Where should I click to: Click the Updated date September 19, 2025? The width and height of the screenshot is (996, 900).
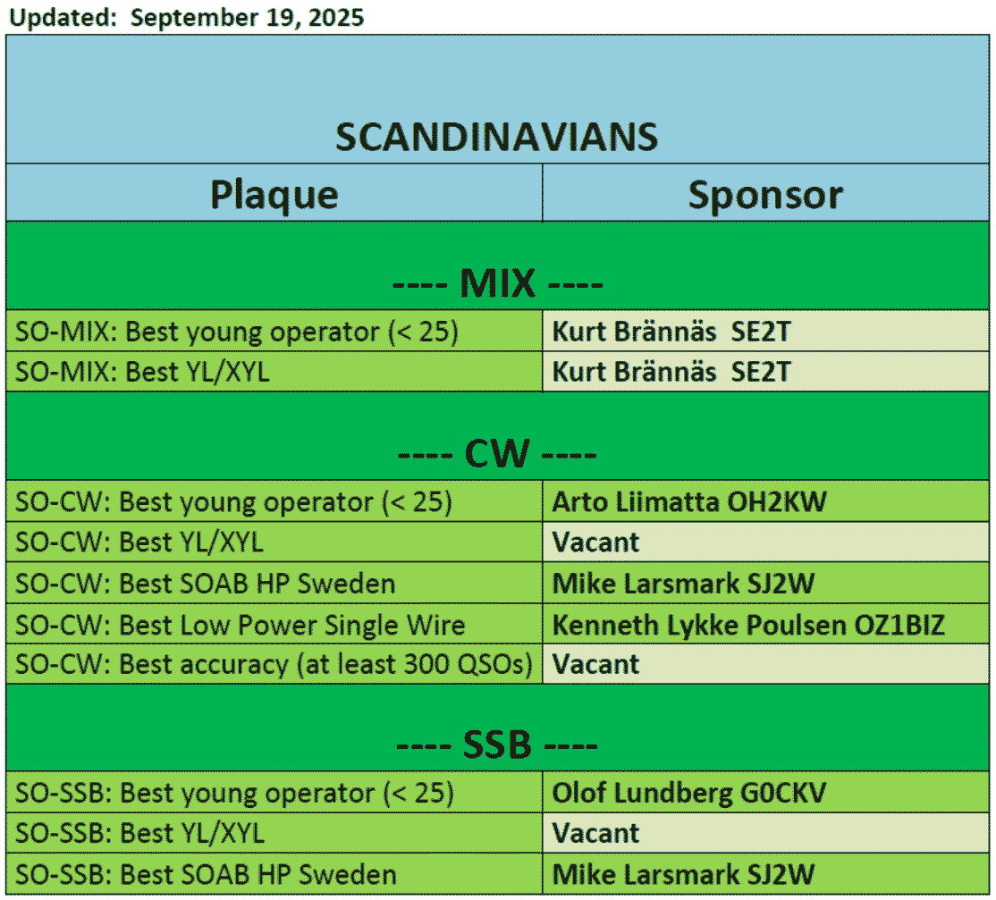247,17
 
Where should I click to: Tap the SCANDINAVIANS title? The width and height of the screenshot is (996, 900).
497,137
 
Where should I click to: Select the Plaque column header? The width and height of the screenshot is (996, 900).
274,194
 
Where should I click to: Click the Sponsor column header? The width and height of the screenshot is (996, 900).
765,194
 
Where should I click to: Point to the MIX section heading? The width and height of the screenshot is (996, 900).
497,282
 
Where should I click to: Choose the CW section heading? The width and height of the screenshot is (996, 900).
497,453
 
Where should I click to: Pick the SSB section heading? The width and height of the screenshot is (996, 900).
497,744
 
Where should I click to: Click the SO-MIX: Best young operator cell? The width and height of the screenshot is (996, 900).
274,331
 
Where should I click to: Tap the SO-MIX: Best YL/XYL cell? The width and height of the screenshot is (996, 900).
274,372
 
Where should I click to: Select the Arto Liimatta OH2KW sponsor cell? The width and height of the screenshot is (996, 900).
765,501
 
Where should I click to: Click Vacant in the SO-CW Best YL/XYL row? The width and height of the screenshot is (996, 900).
595,543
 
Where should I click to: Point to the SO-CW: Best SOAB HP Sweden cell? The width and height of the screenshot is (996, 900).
274,583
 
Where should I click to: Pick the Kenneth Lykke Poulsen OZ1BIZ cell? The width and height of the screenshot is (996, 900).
765,625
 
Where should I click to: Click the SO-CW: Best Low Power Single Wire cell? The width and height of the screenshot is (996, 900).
274,625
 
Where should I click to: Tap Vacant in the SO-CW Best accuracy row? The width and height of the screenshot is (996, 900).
595,664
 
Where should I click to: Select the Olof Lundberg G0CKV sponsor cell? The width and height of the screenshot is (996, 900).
765,793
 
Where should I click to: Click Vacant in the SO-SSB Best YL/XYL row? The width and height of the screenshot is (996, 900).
595,833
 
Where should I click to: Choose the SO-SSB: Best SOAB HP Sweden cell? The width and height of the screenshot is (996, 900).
274,874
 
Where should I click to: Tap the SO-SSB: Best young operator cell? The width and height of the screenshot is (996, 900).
274,793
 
